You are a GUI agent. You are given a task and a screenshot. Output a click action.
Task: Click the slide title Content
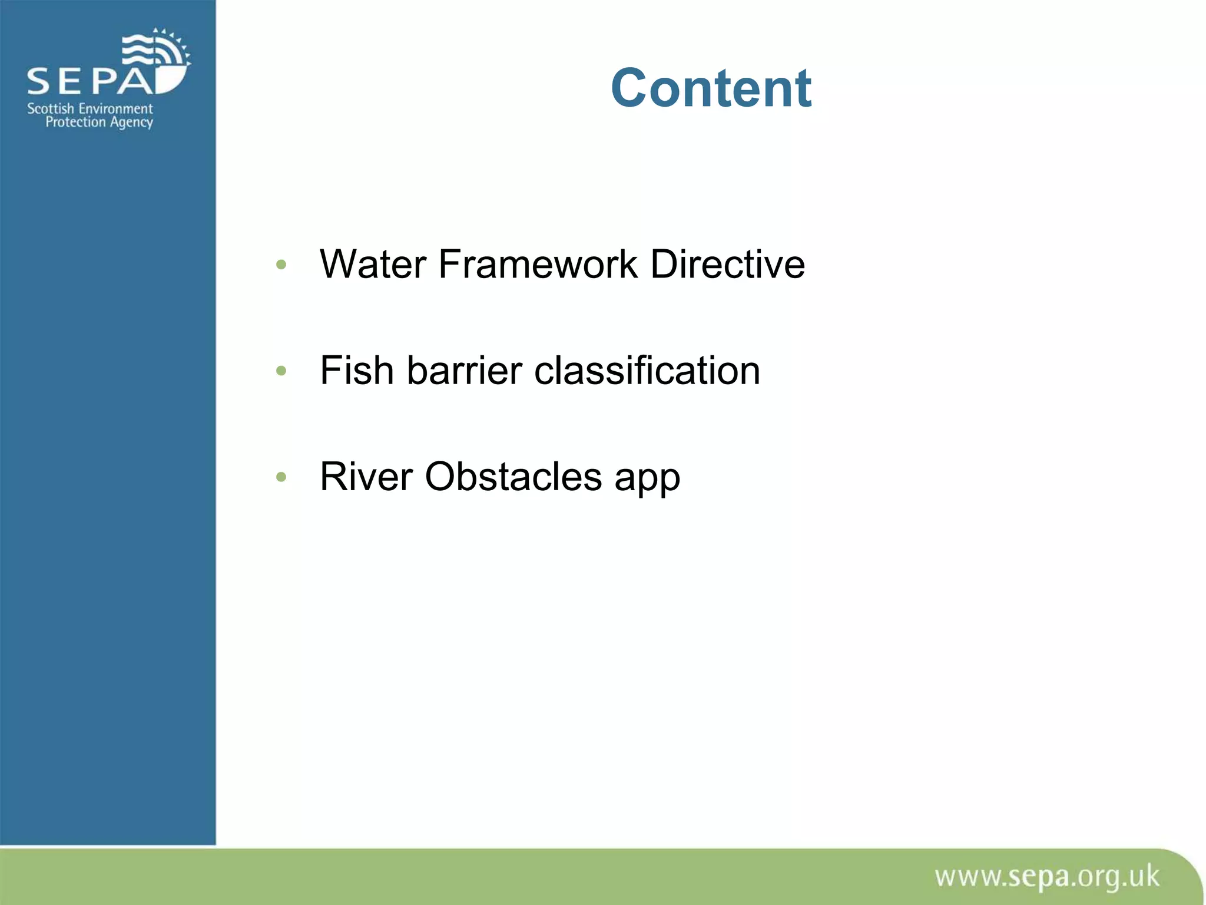[711, 88]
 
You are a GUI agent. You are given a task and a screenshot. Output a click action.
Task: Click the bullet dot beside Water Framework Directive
[281, 265]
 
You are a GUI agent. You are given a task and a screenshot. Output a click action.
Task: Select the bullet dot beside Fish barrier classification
[281, 371]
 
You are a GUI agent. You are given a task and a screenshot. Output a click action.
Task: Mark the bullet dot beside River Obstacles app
[281, 477]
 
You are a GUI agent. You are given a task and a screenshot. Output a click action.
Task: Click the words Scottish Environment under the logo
[90, 108]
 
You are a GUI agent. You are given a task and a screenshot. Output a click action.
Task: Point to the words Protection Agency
[99, 122]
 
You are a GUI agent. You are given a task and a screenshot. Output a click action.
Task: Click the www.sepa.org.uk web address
[1046, 877]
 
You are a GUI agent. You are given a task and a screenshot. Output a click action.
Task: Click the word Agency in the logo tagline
[131, 123]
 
